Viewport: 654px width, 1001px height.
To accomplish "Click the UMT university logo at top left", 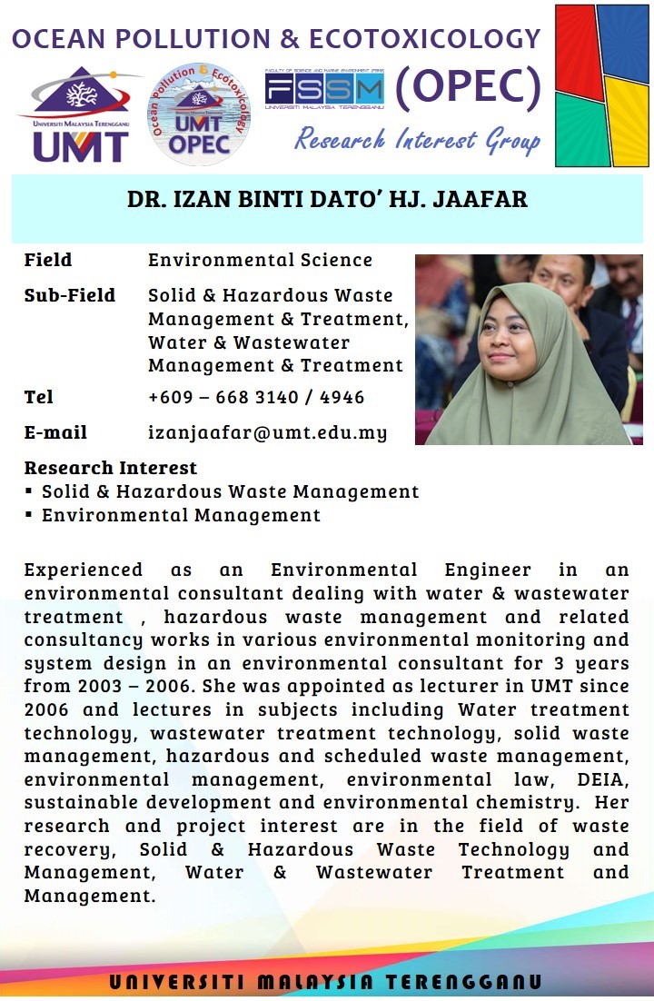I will pos(80,114).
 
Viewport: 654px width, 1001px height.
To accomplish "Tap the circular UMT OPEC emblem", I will pos(198,114).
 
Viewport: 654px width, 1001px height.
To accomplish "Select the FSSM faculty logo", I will pos(324,89).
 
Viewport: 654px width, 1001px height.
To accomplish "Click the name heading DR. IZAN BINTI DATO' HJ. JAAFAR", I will pos(327,200).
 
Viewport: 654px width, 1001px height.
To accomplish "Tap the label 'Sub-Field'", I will pos(70,295).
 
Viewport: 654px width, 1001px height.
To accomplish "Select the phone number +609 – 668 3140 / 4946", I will pos(256,398).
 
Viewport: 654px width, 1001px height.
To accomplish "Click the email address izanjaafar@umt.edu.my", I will pos(267,432).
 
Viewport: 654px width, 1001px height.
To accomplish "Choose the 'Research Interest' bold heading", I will pos(110,469).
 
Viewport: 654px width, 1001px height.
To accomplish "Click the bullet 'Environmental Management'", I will pos(181,516).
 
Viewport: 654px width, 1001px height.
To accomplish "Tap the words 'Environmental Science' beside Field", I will pos(260,260).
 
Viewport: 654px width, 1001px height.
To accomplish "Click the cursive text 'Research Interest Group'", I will pos(417,140).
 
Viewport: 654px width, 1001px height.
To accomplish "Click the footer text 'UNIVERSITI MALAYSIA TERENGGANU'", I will pos(326,983).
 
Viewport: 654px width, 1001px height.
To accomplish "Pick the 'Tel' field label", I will pos(39,397).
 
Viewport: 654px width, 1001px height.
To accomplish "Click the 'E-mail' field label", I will pos(55,432).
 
